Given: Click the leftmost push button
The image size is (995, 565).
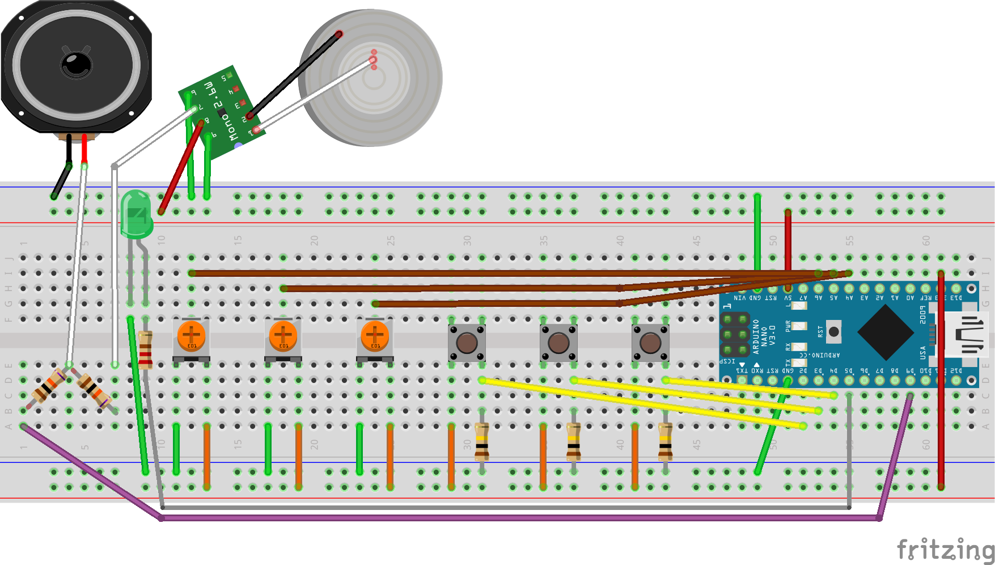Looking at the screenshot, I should pyautogui.click(x=467, y=343).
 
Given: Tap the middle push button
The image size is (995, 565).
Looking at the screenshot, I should pyautogui.click(x=558, y=343).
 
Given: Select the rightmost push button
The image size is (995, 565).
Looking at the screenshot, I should pyautogui.click(x=650, y=343).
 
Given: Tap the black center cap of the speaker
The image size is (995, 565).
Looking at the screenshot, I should pyautogui.click(x=77, y=64).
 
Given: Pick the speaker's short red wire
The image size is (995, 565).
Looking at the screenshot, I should pyautogui.click(x=84, y=149).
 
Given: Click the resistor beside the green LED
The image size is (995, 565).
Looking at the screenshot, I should pyautogui.click(x=146, y=349).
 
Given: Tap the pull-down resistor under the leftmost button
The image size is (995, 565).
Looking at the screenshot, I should pyautogui.click(x=482, y=441).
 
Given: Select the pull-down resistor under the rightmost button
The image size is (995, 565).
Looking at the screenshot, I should pyautogui.click(x=666, y=441).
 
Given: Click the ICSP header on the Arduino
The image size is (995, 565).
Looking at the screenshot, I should pyautogui.click(x=735, y=335).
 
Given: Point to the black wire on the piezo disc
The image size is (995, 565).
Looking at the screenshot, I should pyautogui.click(x=294, y=75).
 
